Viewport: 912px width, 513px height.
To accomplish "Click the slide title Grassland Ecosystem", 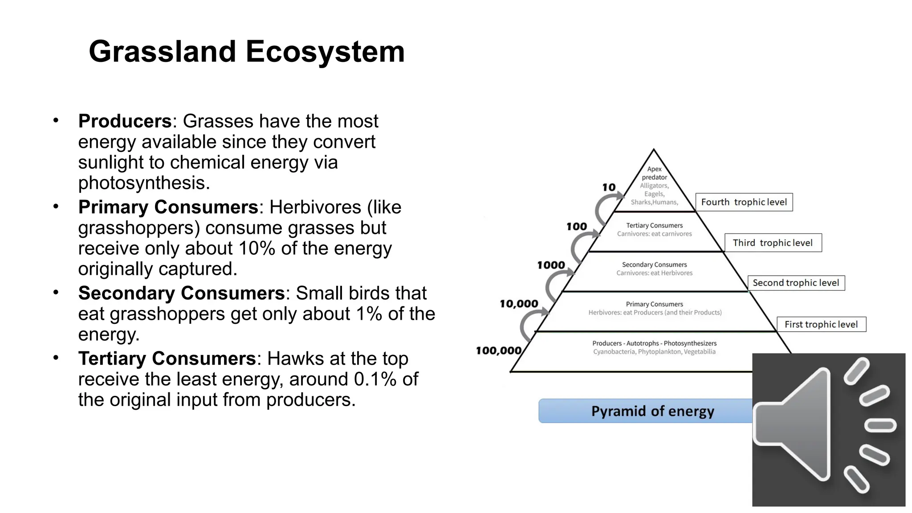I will pyautogui.click(x=247, y=52).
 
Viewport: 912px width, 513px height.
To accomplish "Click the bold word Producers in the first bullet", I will pyautogui.click(x=125, y=121).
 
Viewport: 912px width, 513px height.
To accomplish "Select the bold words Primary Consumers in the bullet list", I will pyautogui.click(x=168, y=207).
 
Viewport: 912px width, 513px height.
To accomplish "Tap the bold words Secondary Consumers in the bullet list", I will pyautogui.click(x=181, y=293).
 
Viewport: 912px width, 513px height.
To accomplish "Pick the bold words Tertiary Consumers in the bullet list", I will pyautogui.click(x=167, y=358).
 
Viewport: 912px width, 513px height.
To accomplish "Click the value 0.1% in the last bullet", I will pyautogui.click(x=375, y=379).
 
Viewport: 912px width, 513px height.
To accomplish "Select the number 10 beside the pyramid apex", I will pyautogui.click(x=609, y=187).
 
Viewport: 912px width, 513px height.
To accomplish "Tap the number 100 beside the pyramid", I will pyautogui.click(x=576, y=227).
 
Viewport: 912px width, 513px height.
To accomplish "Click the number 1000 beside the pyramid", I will pyautogui.click(x=551, y=265).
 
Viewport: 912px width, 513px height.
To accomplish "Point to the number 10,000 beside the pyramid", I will pyautogui.click(x=519, y=304).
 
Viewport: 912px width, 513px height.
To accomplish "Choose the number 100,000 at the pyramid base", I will pyautogui.click(x=498, y=351).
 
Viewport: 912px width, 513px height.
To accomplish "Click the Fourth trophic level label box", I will pyautogui.click(x=744, y=202).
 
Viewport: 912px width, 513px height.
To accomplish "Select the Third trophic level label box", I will pyautogui.click(x=773, y=243).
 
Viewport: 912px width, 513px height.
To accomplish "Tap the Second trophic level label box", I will pyautogui.click(x=796, y=283).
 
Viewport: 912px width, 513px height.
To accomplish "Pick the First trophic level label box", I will pyautogui.click(x=821, y=324).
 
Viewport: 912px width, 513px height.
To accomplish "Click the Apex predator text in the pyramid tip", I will pyautogui.click(x=654, y=173).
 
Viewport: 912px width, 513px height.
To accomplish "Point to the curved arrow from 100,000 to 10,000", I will pyautogui.click(x=530, y=324).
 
